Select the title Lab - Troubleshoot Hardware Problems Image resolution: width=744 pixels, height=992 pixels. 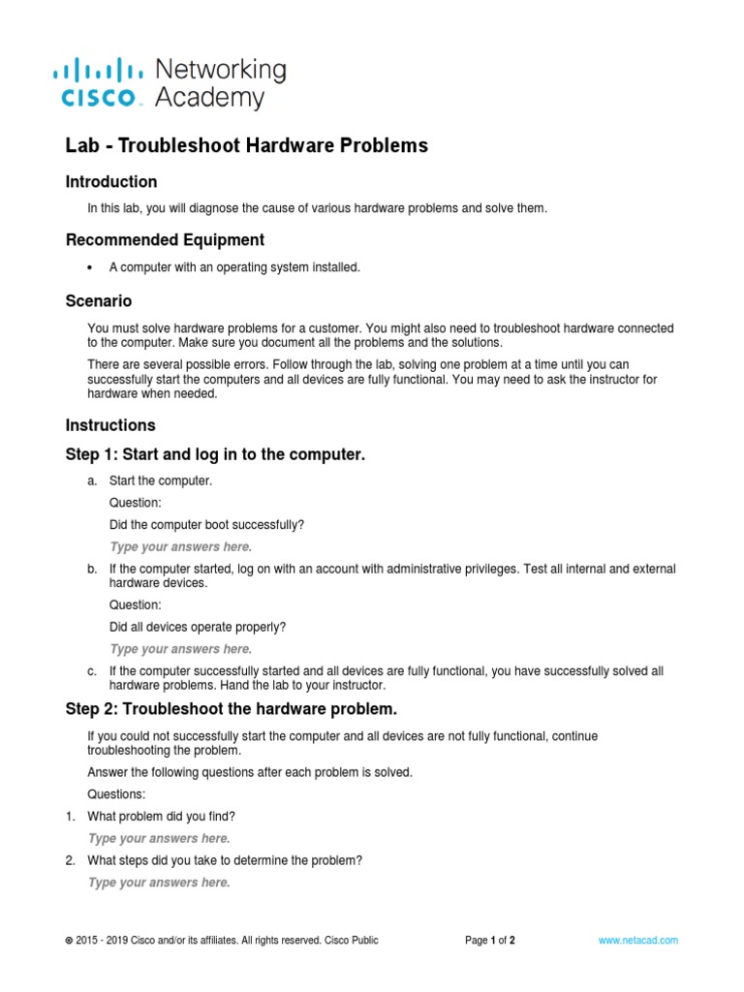click(246, 146)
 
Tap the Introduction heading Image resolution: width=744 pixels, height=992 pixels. click(111, 182)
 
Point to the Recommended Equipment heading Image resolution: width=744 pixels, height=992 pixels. click(165, 240)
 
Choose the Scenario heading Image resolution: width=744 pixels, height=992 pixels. click(99, 301)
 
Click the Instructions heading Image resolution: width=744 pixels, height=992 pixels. click(110, 425)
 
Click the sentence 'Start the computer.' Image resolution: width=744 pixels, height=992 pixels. click(161, 480)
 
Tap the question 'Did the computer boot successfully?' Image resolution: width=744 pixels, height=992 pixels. click(207, 525)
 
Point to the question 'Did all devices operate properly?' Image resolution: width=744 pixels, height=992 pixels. click(199, 627)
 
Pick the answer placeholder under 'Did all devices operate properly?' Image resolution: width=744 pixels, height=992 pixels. click(180, 649)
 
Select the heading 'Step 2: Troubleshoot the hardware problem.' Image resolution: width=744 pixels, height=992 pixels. click(232, 708)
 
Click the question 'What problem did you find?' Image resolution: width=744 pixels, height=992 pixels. click(162, 817)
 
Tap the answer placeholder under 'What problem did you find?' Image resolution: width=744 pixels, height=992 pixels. click(159, 839)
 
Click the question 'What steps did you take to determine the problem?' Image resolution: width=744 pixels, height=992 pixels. click(225, 860)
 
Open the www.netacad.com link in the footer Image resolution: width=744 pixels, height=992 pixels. click(637, 941)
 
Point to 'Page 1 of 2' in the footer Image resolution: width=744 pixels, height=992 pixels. click(490, 941)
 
